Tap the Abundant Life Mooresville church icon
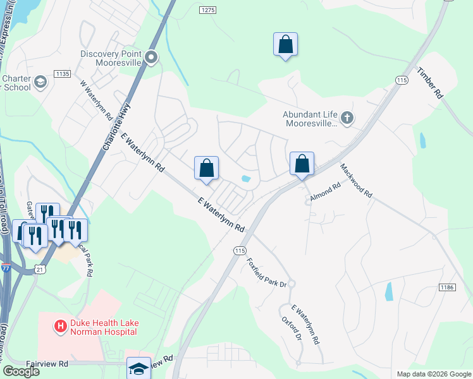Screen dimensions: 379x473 (347, 117)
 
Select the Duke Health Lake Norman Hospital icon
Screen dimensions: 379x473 (60, 327)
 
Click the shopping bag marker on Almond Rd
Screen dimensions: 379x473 (302, 164)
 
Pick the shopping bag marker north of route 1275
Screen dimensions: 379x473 (285, 44)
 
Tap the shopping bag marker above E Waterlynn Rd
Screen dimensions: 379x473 (206, 169)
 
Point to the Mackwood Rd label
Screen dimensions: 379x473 (355, 181)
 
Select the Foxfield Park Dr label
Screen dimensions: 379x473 (266, 272)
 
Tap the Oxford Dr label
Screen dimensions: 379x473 (292, 322)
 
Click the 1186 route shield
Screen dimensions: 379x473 (447, 287)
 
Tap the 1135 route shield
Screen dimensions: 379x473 (62, 75)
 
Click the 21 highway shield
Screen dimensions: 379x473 (40, 251)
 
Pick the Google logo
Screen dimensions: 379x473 (21, 371)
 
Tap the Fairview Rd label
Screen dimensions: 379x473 (47, 364)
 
